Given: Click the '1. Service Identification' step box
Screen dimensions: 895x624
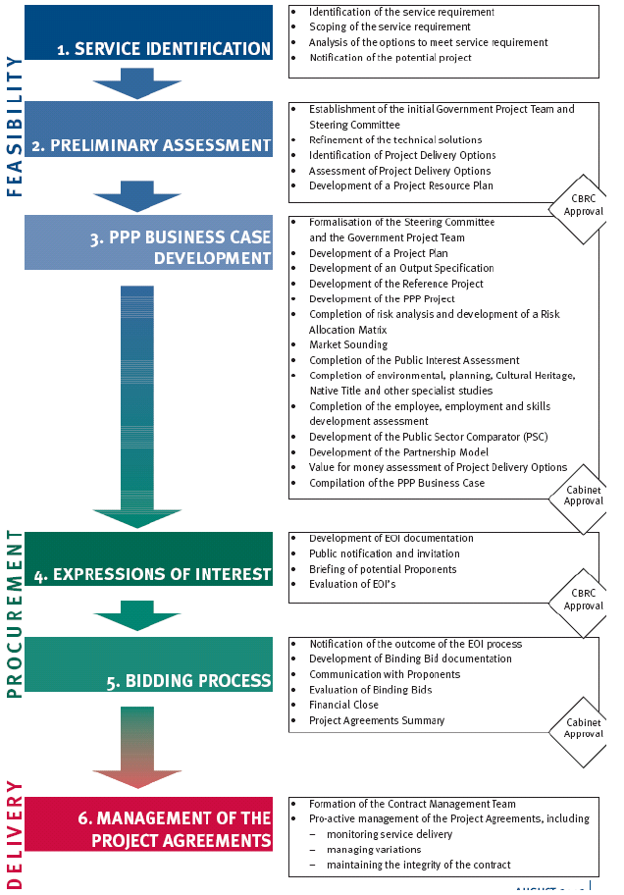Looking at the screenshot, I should [149, 35].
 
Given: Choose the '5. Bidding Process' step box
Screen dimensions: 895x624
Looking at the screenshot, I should [149, 664].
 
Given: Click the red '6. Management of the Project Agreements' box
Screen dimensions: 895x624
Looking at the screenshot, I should [149, 825].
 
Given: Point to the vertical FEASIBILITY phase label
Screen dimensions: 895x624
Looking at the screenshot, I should [13, 126].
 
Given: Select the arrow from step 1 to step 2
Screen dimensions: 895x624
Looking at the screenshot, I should [138, 83].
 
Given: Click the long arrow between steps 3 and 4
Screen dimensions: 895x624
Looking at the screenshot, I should [137, 402].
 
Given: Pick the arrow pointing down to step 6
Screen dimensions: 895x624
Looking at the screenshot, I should [137, 746].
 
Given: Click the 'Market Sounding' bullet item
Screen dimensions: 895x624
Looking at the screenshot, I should [347, 344].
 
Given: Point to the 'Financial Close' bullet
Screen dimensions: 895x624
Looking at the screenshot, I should [343, 705].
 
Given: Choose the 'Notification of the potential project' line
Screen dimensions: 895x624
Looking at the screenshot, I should [390, 58].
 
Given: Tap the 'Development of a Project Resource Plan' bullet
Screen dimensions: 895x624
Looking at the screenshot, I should [400, 185].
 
